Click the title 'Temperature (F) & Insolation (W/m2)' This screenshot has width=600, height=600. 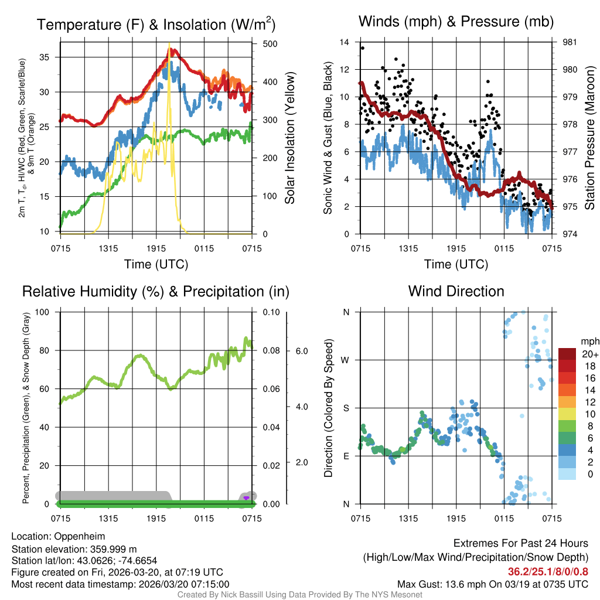click(156, 25)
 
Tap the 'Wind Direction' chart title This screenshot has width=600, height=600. click(456, 291)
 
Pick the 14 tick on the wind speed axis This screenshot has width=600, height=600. click(345, 42)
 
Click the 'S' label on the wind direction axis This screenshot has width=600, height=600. click(346, 408)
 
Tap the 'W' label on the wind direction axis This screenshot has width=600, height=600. click(346, 360)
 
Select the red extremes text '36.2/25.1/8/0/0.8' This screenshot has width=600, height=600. click(547, 571)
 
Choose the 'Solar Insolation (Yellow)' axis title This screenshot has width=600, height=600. click(289, 138)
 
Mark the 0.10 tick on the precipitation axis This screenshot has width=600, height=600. click(271, 312)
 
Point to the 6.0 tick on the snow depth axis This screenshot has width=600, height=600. click(301, 350)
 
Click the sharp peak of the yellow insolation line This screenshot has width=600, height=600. click(169, 44)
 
